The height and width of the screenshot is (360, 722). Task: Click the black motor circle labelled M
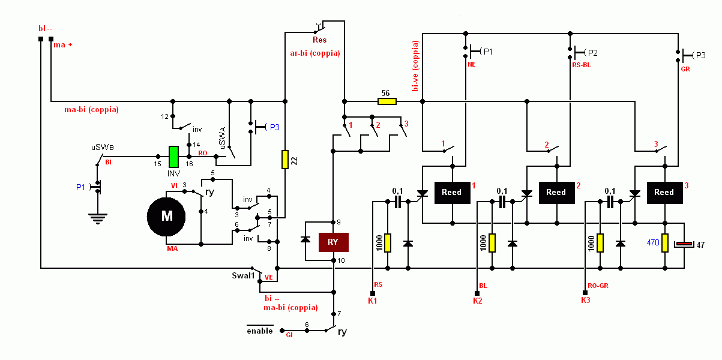pyautogui.click(x=167, y=217)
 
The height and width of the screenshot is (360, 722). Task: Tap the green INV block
pyautogui.click(x=173, y=157)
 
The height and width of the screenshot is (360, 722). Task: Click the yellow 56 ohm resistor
pyautogui.click(x=387, y=101)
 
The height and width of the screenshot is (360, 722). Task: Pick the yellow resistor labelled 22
pyautogui.click(x=285, y=159)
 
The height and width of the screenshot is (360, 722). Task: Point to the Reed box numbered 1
pyautogui.click(x=451, y=193)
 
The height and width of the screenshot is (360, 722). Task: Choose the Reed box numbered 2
pyautogui.click(x=556, y=193)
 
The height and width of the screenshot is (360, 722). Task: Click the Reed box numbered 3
pyautogui.click(x=664, y=193)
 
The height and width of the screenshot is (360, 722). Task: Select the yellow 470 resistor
pyautogui.click(x=664, y=242)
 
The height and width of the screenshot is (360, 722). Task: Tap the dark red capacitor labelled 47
pyautogui.click(x=685, y=244)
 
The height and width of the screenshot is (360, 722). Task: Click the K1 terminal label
pyautogui.click(x=373, y=301)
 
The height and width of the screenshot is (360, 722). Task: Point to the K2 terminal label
pyautogui.click(x=477, y=301)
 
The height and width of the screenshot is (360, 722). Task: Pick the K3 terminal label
pyautogui.click(x=585, y=300)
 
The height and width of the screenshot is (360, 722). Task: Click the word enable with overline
pyautogui.click(x=260, y=331)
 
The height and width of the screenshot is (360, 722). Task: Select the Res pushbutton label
pyautogui.click(x=319, y=40)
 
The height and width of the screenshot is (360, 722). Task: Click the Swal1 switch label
pyautogui.click(x=244, y=276)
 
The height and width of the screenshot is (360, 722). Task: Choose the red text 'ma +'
pyautogui.click(x=63, y=45)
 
